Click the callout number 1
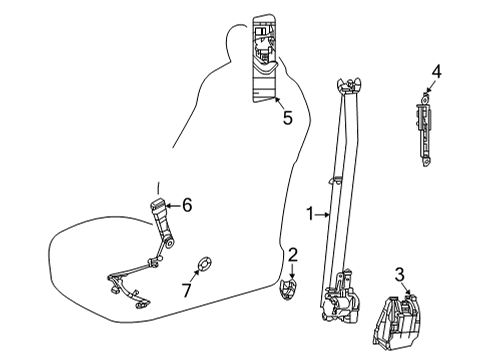pos(311,212)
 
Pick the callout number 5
pos(287,118)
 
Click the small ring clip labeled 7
pos(202,264)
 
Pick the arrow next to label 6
pos(173,206)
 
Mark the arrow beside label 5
pos(278,102)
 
